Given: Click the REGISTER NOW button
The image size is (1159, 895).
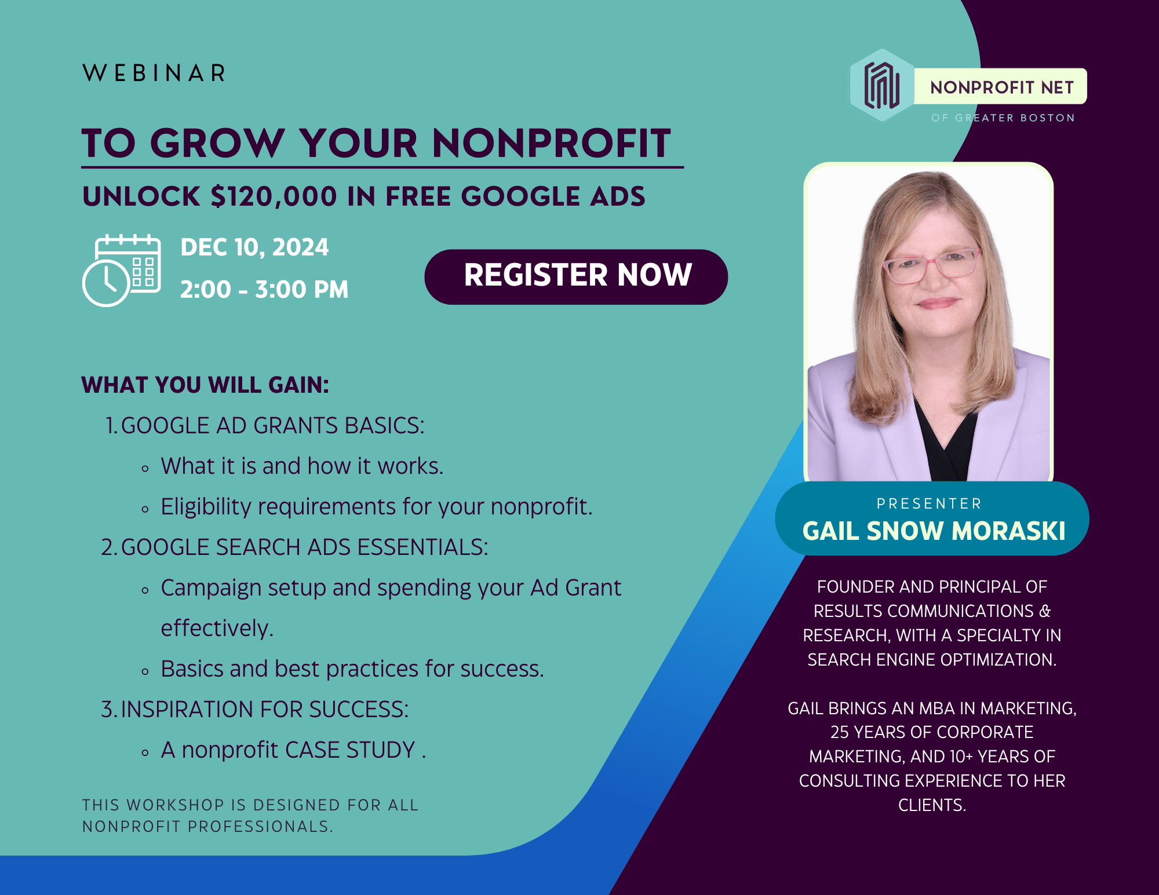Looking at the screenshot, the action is tap(576, 277).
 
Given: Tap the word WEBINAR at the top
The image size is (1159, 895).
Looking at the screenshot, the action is tap(154, 74).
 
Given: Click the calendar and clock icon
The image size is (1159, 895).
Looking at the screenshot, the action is tap(122, 271).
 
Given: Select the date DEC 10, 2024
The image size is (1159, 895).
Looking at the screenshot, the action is tap(254, 247).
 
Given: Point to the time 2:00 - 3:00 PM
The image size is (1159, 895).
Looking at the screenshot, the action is tap(264, 290).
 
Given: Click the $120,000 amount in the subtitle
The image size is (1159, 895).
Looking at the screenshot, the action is tap(274, 197).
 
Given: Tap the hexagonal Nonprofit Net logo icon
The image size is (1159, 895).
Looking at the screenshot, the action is tap(881, 86).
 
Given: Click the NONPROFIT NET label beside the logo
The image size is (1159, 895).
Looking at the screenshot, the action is tap(1001, 87).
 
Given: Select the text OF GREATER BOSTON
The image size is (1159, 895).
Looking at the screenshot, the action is tap(1003, 118).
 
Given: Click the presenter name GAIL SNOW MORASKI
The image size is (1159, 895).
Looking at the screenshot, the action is tap(934, 531).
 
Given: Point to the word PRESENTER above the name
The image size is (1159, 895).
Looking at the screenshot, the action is tap(929, 503).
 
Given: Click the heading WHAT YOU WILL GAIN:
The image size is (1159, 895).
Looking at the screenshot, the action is tap(205, 385).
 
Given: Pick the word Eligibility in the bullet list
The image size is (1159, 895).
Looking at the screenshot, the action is tap(206, 507).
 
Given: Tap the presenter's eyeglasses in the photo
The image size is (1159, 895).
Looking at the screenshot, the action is tap(931, 265).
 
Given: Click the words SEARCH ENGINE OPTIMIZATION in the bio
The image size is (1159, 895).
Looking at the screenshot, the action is tap(932, 660).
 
